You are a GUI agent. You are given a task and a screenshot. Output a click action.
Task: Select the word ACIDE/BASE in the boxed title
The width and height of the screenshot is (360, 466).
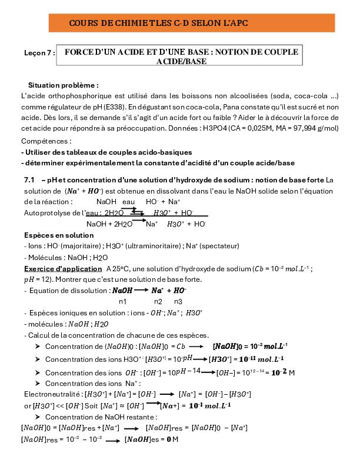pos(181,61)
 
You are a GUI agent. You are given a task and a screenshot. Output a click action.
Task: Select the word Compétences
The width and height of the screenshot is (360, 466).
pos(45,141)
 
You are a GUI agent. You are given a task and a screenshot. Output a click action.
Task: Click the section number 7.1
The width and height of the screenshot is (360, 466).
pos(29,179)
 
